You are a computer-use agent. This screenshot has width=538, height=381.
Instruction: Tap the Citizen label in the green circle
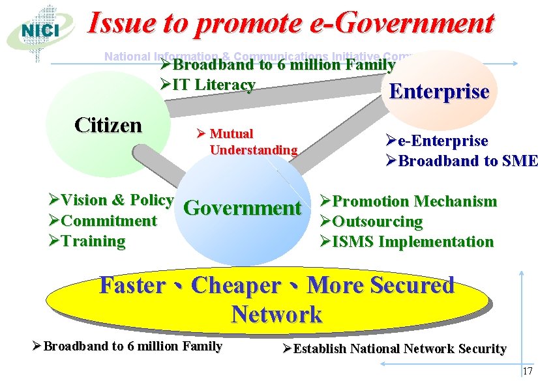point(108,124)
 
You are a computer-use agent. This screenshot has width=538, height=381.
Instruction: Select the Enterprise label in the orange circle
point(439,91)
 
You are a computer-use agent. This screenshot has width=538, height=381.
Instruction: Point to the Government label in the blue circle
point(243,208)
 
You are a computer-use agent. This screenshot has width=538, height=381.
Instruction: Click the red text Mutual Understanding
point(247,142)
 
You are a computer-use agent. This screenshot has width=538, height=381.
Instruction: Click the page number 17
point(527,371)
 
